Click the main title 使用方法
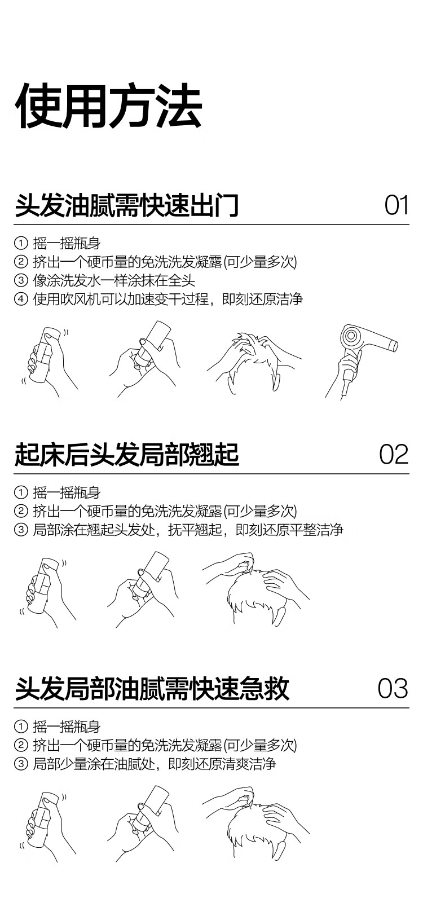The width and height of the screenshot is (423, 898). pos(108,106)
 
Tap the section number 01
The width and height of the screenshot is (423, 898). pos(396,205)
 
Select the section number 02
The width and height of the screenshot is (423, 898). pos(394,454)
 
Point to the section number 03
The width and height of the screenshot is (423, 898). pos(393,688)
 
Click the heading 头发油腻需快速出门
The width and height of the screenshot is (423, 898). pos(127,205)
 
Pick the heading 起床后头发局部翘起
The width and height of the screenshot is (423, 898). pos(127,455)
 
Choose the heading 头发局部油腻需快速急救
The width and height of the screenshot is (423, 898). pos(152,689)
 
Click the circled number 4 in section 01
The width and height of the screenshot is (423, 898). pos(21,299)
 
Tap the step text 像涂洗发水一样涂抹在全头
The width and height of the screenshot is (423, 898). pos(114,281)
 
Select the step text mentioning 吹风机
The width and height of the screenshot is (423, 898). pos(168,299)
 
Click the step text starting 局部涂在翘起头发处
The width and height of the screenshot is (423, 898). pos(188,530)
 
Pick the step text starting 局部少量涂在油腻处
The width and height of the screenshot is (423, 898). pos(155,764)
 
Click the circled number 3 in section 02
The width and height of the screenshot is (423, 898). pos(21,530)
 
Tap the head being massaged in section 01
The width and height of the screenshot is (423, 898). pos(254,363)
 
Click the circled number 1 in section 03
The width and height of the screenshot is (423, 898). pos(21,727)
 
